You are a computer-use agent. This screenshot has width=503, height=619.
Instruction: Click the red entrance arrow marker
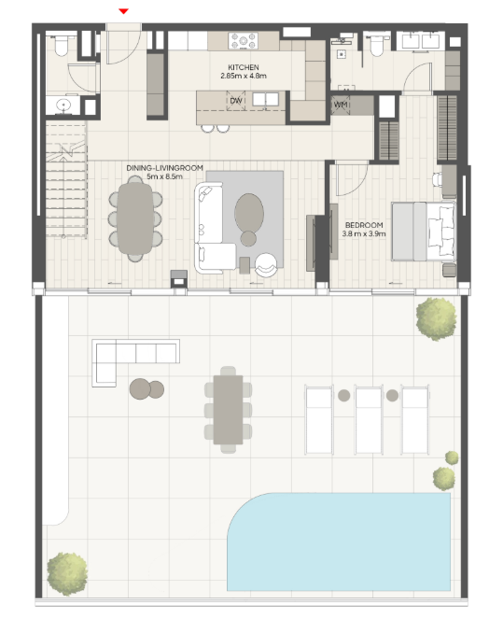point(124,11)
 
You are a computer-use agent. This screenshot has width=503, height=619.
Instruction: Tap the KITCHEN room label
point(244,67)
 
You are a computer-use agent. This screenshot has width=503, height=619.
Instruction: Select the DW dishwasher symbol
point(236,101)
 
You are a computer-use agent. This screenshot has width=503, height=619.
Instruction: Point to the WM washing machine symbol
point(341,105)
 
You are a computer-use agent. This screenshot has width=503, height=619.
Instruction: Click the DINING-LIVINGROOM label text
point(165,168)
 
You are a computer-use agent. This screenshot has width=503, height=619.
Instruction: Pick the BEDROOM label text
point(364,225)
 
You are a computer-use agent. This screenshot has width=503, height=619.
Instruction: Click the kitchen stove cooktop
point(243,41)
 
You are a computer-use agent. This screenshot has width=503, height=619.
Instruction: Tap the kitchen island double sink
point(266,100)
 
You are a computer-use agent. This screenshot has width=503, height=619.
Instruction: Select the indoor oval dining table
point(135,218)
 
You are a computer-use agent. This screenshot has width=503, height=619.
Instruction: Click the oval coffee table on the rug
point(249,212)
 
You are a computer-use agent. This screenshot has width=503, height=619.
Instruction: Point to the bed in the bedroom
point(424,232)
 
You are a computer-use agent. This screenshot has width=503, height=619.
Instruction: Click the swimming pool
point(339,542)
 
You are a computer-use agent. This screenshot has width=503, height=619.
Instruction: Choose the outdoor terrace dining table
point(228,410)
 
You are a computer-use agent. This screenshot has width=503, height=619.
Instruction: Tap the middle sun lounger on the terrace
point(369,419)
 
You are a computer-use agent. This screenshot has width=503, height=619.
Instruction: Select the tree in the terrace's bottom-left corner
point(67,573)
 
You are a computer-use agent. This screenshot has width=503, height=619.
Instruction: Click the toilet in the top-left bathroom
point(62,46)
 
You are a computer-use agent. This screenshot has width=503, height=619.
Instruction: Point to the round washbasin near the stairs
point(63,105)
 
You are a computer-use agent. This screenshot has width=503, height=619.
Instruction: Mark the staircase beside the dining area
point(66,179)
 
